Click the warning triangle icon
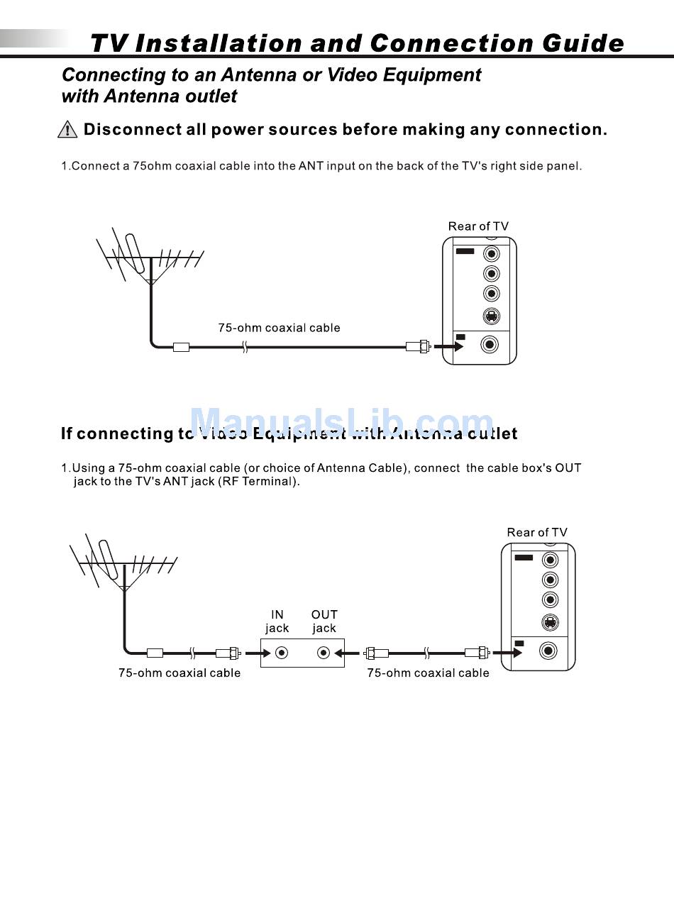pyautogui.click(x=67, y=130)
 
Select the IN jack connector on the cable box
pyautogui.click(x=282, y=653)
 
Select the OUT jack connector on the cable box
pyautogui.click(x=324, y=653)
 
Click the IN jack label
pyautogui.click(x=277, y=621)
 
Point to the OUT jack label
pyautogui.click(x=324, y=621)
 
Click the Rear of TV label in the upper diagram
pyautogui.click(x=478, y=226)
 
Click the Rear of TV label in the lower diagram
pyautogui.click(x=537, y=533)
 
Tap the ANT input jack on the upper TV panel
pyautogui.click(x=490, y=345)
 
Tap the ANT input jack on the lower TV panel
pyautogui.click(x=548, y=651)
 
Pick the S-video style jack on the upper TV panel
pyautogui.click(x=491, y=316)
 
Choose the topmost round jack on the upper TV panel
pyautogui.click(x=491, y=254)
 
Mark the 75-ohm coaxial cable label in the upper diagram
pyautogui.click(x=279, y=328)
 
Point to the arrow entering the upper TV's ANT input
pyautogui.click(x=448, y=347)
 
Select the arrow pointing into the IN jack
pyautogui.click(x=257, y=653)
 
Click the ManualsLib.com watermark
pyautogui.click(x=341, y=423)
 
